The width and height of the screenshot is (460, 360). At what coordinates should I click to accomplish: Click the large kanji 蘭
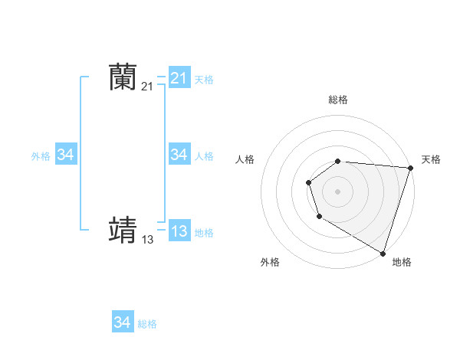123,77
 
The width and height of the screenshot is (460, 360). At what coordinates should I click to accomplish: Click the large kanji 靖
123,230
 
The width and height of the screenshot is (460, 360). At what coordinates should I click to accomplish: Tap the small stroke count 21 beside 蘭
147,87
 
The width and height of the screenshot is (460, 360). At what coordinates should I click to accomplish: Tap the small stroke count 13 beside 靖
147,240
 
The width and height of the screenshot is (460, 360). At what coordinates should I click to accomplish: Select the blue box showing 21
179,78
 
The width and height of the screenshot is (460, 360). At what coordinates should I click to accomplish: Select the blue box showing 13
179,231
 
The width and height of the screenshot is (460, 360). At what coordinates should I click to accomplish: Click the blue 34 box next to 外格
66,155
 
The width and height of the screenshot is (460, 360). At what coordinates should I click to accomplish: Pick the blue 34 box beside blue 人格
179,155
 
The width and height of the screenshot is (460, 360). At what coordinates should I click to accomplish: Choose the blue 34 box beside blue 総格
123,322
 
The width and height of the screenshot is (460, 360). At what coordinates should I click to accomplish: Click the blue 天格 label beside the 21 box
204,79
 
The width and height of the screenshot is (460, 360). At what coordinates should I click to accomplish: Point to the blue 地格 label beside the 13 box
204,232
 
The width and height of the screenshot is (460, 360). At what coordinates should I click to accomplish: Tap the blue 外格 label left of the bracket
41,155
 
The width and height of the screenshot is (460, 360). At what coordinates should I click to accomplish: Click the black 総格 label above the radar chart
338,100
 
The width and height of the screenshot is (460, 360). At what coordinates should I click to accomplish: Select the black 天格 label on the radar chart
431,159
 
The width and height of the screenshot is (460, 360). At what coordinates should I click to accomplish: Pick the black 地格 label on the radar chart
402,262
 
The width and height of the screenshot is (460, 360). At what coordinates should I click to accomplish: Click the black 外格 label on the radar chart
270,262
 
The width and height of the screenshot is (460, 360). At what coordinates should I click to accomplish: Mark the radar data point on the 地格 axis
383,253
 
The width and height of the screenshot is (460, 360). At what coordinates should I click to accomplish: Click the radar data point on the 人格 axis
308,182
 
